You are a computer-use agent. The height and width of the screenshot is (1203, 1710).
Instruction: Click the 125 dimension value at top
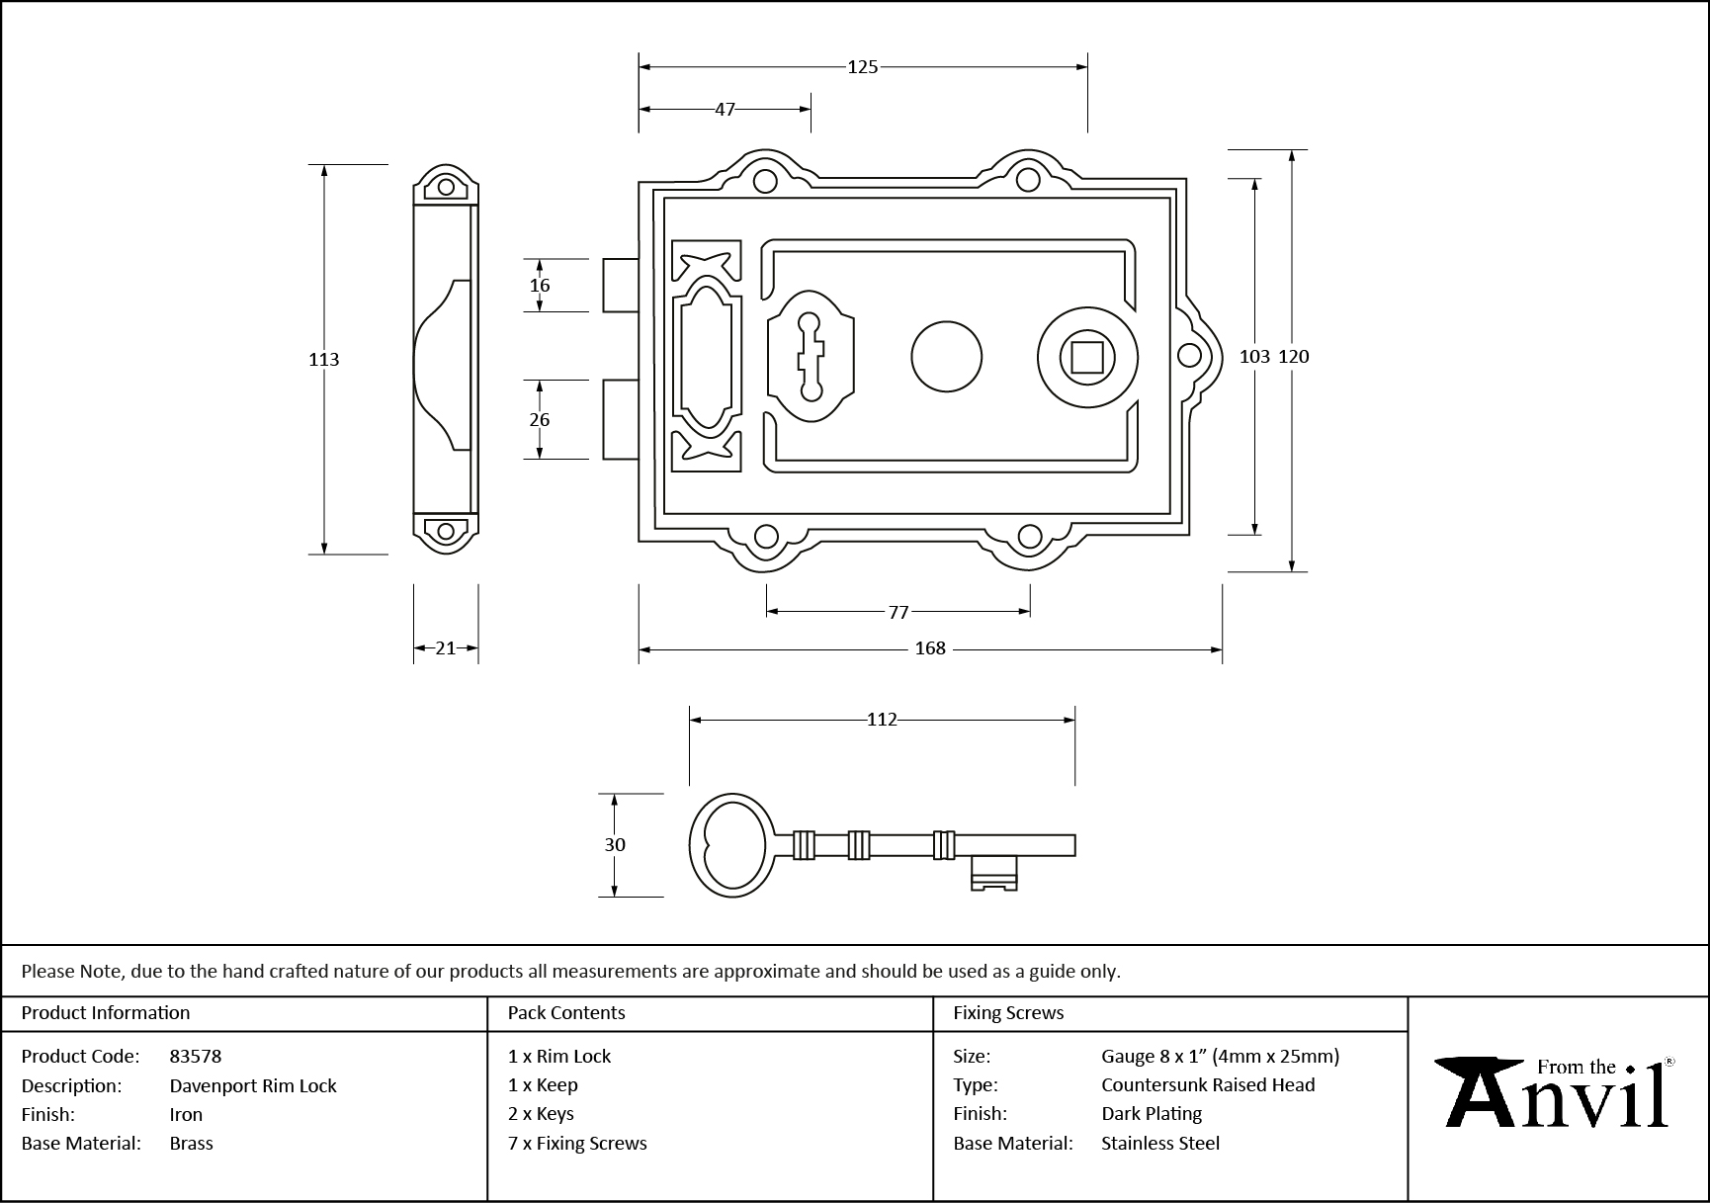click(862, 67)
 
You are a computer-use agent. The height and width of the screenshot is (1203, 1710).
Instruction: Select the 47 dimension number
click(725, 110)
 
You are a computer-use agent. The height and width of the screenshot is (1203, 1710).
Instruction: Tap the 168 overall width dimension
click(930, 648)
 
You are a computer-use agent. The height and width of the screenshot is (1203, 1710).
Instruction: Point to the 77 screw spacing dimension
click(898, 612)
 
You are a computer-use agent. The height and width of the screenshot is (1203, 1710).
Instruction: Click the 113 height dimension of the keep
click(323, 360)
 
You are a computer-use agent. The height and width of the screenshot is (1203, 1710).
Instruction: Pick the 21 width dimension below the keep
click(446, 648)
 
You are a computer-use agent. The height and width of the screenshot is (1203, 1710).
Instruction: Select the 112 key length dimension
click(881, 720)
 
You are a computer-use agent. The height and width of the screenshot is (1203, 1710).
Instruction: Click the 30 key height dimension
click(615, 844)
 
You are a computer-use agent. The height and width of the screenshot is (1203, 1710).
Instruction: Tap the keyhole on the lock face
click(811, 357)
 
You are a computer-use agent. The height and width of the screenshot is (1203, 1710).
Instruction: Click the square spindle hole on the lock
click(1087, 357)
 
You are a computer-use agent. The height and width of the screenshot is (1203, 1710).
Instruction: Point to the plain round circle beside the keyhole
click(946, 357)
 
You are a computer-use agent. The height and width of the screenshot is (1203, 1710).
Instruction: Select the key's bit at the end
click(993, 873)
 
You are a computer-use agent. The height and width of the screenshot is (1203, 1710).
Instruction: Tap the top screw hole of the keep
click(446, 187)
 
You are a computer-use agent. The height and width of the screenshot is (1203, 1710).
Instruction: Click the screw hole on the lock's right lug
click(1190, 356)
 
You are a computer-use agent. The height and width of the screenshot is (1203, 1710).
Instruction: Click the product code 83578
click(196, 1056)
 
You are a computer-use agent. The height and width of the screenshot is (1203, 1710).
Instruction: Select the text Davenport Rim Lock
click(253, 1085)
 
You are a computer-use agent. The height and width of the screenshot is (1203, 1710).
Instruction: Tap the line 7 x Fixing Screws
click(577, 1143)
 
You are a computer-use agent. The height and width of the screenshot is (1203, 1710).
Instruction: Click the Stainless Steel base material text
click(1160, 1143)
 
